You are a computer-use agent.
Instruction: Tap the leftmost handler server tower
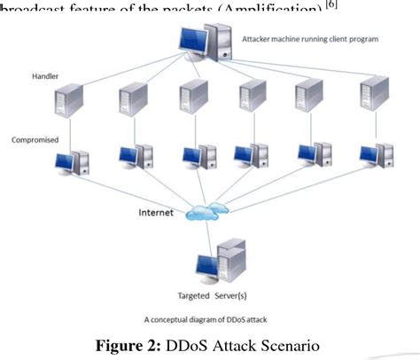pos(72,100)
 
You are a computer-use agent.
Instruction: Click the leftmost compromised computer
pos(72,161)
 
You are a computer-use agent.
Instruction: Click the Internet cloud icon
pos(206,213)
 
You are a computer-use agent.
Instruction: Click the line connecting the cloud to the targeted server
pos(209,232)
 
